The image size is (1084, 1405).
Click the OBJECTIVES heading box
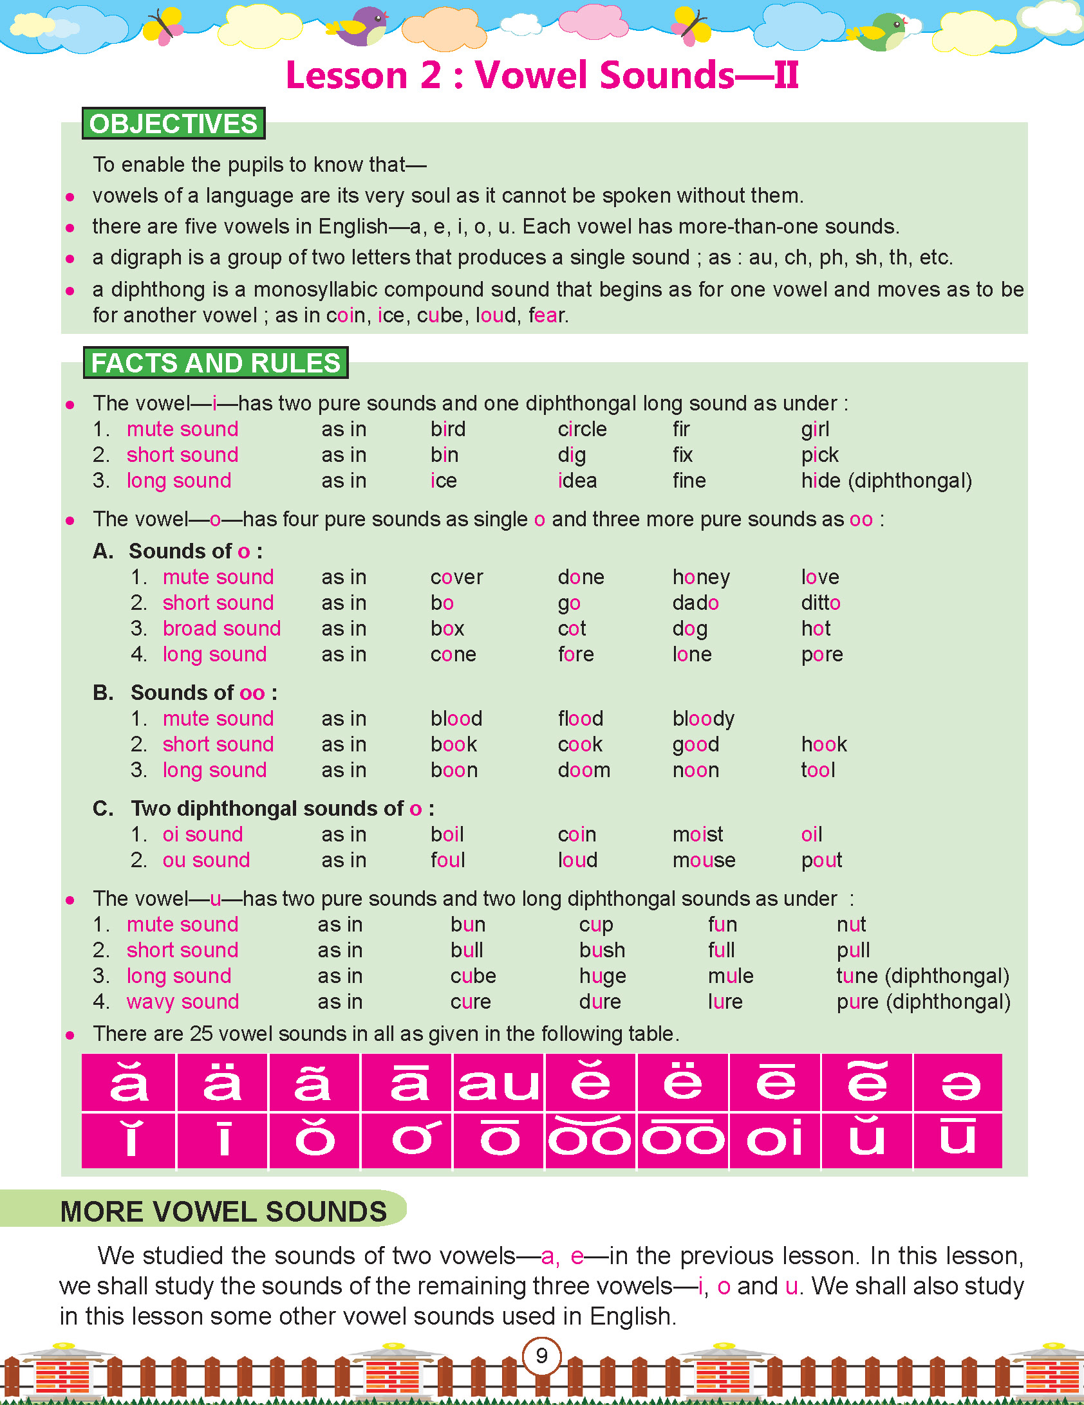tap(173, 124)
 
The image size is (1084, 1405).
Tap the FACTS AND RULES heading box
tap(215, 363)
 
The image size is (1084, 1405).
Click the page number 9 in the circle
tap(541, 1355)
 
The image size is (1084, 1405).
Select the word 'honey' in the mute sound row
tap(701, 577)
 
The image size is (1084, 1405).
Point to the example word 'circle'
tap(582, 429)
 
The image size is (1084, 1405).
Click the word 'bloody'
tap(703, 719)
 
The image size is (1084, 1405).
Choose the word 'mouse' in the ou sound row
tap(704, 860)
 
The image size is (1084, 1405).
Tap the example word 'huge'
tap(603, 976)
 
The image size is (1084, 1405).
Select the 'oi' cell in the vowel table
tap(774, 1139)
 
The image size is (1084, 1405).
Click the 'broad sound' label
tap(221, 629)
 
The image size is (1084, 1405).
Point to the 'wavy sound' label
tap(183, 1002)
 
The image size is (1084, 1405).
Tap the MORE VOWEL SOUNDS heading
tap(223, 1211)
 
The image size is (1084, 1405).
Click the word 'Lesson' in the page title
tap(347, 75)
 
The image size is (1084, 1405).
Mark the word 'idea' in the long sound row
tap(577, 481)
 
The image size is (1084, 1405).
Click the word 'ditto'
tap(821, 603)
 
